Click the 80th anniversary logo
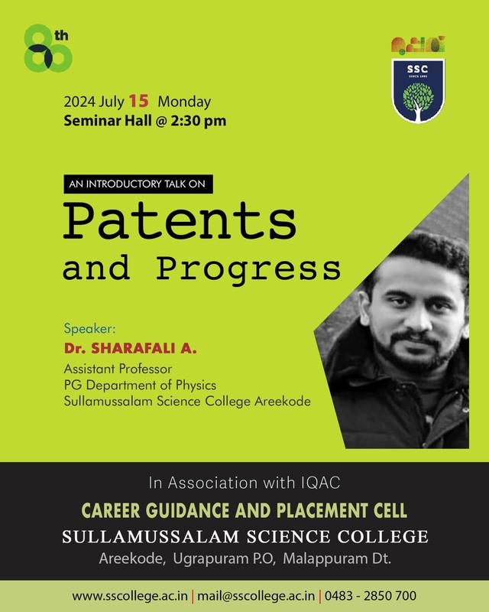point(47,48)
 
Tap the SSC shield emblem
point(418,90)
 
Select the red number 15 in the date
point(138,101)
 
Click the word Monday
point(184,102)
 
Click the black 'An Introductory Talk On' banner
point(138,184)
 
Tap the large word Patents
point(180,220)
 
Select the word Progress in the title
point(248,270)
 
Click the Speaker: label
point(89,329)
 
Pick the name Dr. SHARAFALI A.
point(130,348)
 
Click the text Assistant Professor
point(118,369)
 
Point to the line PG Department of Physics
point(140,386)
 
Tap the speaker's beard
point(418,351)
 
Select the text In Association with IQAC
point(244,483)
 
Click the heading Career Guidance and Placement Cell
point(244,510)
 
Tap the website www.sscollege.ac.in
point(130,596)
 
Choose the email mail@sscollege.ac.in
point(256,596)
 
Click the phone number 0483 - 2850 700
point(371,596)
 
